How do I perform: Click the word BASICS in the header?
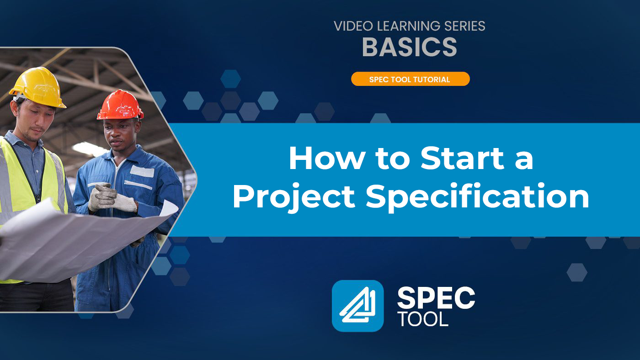[410, 47]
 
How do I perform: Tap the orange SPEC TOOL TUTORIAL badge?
[411, 79]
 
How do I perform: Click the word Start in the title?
[462, 159]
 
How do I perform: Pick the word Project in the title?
[293, 197]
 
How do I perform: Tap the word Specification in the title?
[477, 197]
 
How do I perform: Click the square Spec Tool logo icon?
[357, 306]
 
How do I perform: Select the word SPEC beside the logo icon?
[436, 298]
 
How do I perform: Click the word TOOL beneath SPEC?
[424, 319]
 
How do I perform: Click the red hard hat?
[120, 105]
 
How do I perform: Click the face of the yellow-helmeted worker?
[35, 119]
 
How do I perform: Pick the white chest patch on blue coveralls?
[142, 171]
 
